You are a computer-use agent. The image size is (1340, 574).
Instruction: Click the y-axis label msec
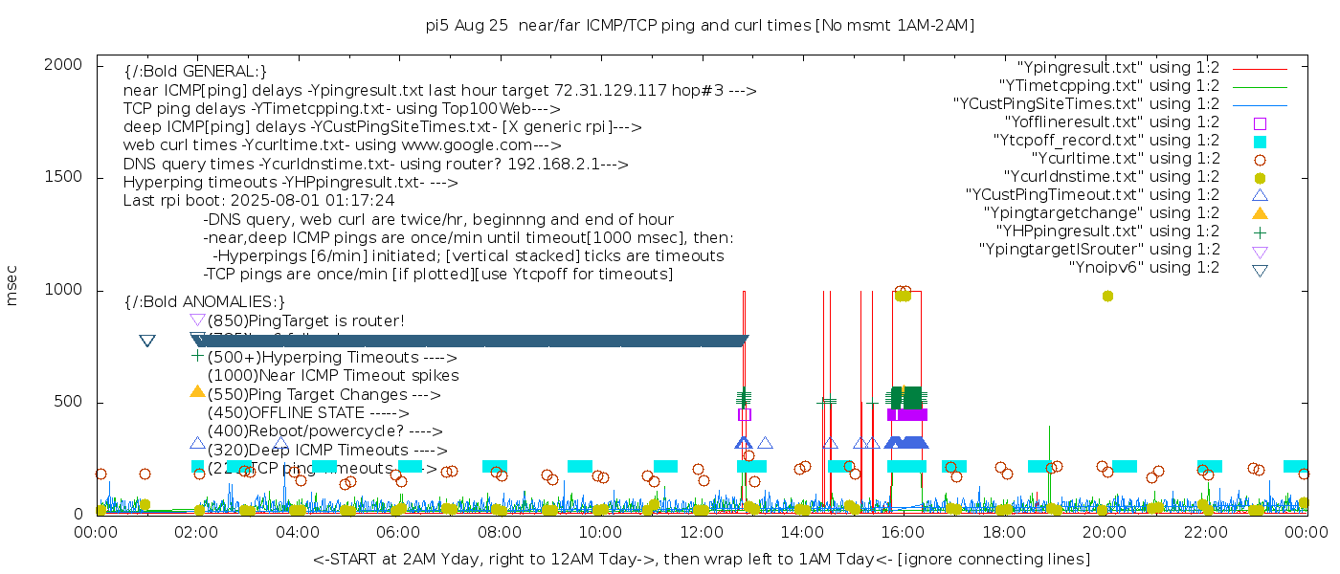(x=12, y=285)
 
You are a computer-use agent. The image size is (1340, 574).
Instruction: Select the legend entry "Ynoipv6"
(x=1144, y=268)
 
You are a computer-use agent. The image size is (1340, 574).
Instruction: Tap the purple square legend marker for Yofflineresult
(x=1260, y=122)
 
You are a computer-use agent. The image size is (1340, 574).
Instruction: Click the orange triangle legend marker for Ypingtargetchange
(x=1260, y=213)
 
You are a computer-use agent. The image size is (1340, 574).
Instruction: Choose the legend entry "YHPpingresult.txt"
(x=1107, y=232)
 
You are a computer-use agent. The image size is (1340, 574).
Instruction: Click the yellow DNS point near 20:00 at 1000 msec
(x=1107, y=297)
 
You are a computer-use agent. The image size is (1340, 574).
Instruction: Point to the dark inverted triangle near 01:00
(x=147, y=341)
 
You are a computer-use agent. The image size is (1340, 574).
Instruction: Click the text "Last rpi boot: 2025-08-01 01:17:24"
(x=258, y=201)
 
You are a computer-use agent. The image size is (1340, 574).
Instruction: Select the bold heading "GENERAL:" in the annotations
(x=195, y=72)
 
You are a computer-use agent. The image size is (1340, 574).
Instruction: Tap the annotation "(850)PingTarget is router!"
(x=305, y=320)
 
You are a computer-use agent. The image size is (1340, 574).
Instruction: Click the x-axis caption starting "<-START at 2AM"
(x=701, y=559)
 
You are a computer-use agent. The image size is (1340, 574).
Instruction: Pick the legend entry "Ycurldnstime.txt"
(x=1111, y=177)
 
